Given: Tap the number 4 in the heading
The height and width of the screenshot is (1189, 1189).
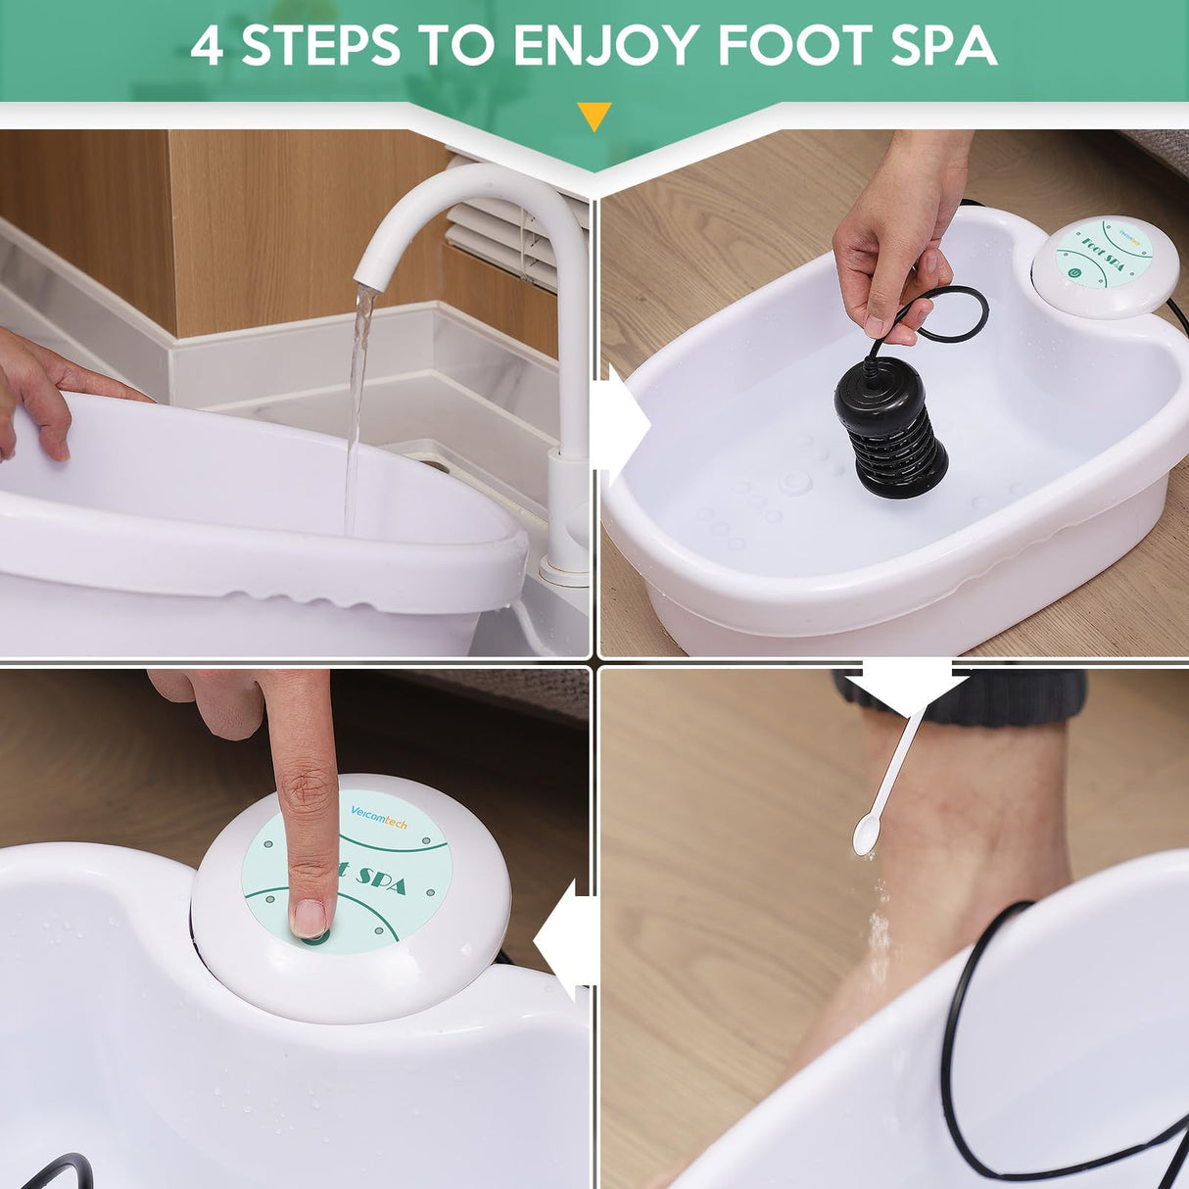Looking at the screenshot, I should coord(208,45).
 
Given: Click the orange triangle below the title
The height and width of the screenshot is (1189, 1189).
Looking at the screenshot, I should coord(594,116).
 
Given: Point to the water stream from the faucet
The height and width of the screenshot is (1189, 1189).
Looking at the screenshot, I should coord(357,392).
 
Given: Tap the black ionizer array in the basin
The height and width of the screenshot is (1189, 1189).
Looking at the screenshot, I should coord(889,427).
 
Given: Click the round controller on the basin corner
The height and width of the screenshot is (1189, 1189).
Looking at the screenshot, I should coord(1105,264).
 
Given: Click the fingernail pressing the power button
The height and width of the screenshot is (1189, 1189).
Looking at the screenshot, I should coord(309,917).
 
